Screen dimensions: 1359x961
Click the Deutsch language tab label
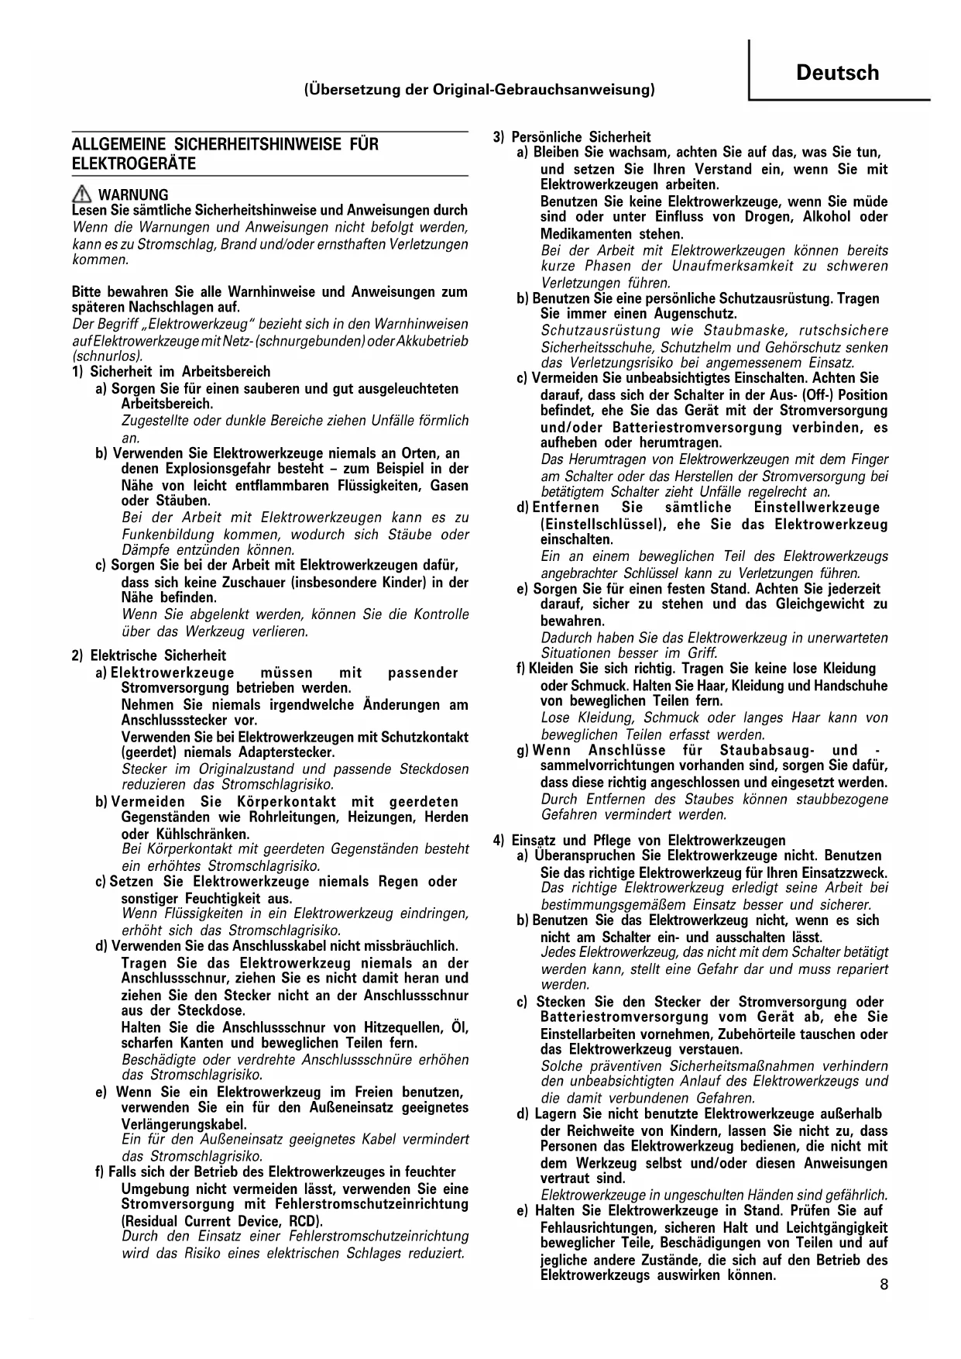(837, 73)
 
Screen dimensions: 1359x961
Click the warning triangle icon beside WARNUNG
(81, 194)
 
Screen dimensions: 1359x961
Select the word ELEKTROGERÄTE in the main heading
(134, 163)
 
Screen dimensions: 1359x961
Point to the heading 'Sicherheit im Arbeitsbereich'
(180, 372)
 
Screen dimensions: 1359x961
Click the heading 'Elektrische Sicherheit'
(158, 655)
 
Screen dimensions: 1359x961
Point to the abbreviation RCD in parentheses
(304, 1221)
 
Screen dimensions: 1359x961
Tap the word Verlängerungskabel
(184, 1124)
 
